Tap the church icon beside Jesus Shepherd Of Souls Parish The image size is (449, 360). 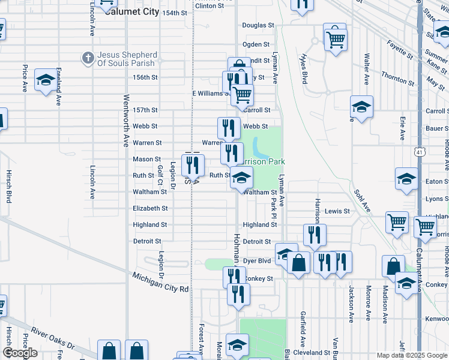[x=88, y=58]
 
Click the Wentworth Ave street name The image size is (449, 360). [x=126, y=120]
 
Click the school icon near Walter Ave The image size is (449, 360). [x=361, y=107]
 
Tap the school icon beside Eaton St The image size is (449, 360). [x=406, y=179]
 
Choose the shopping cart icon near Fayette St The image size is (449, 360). [x=335, y=39]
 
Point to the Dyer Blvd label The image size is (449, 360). [x=257, y=261]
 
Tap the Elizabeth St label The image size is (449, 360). [x=150, y=208]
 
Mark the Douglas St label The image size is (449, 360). [x=258, y=26]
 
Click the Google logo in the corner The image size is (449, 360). [x=20, y=353]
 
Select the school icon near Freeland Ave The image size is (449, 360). [x=46, y=80]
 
